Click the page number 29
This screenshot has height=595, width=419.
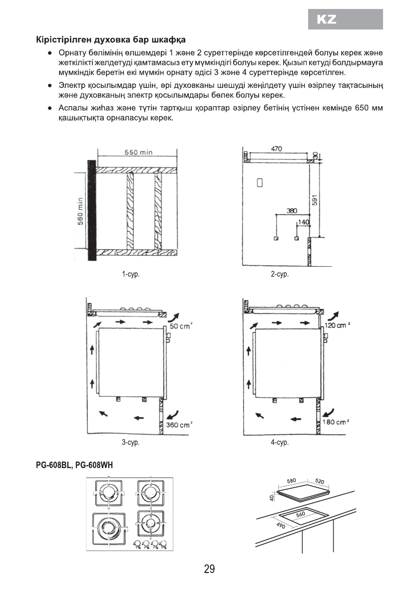[x=209, y=569]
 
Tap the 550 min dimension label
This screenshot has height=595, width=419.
[x=138, y=152]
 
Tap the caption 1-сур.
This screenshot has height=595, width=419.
[x=130, y=274]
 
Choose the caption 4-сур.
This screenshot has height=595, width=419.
[x=280, y=443]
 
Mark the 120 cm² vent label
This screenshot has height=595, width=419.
[x=337, y=326]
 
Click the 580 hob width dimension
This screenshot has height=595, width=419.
[x=292, y=481]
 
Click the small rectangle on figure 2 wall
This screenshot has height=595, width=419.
[x=259, y=183]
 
